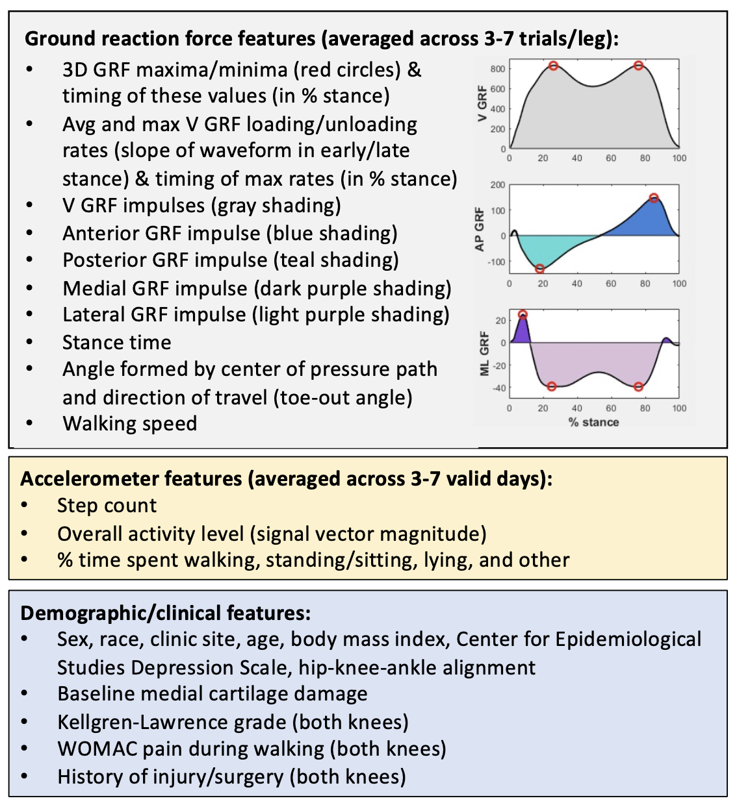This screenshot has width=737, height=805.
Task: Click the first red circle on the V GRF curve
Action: pyautogui.click(x=553, y=66)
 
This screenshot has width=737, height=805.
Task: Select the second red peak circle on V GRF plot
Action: pyautogui.click(x=639, y=66)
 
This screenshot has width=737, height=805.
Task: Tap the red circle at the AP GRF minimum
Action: pyautogui.click(x=540, y=269)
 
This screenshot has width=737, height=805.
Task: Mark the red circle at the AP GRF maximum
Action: pyautogui.click(x=654, y=198)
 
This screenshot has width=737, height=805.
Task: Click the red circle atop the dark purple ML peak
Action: pyautogui.click(x=523, y=315)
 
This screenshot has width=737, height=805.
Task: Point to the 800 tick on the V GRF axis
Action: pyautogui.click(x=498, y=69)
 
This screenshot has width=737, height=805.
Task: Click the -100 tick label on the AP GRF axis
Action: pyautogui.click(x=496, y=262)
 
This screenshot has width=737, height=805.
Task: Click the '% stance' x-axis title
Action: pyautogui.click(x=593, y=423)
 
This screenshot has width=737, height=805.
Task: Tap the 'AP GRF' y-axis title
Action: pyautogui.click(x=480, y=229)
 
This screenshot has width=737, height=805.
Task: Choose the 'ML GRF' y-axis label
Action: pyautogui.click(x=484, y=353)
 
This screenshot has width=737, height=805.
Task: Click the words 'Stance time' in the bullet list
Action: pyautogui.click(x=117, y=342)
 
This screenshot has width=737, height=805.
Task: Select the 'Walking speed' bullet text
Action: pyautogui.click(x=130, y=423)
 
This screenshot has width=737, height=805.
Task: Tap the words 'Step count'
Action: pyautogui.click(x=107, y=506)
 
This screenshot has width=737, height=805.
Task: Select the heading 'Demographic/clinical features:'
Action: pyautogui.click(x=166, y=613)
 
